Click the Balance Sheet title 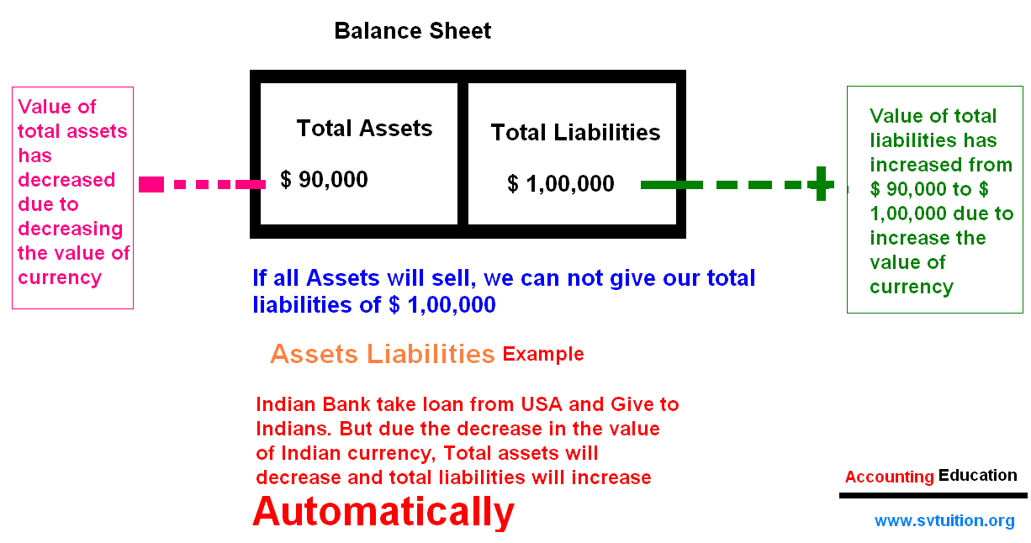412,31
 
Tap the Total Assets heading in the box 364,128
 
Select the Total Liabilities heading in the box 575,133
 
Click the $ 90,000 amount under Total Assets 324,180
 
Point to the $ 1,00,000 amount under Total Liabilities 561,184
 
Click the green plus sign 821,183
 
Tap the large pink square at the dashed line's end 151,185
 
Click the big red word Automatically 383,513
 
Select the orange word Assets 314,355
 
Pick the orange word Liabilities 431,354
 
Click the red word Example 543,355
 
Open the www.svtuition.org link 944,520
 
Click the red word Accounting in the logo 889,477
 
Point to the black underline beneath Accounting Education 933,496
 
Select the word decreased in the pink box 66,180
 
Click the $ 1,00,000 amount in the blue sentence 442,304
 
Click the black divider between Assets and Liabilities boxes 463,154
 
